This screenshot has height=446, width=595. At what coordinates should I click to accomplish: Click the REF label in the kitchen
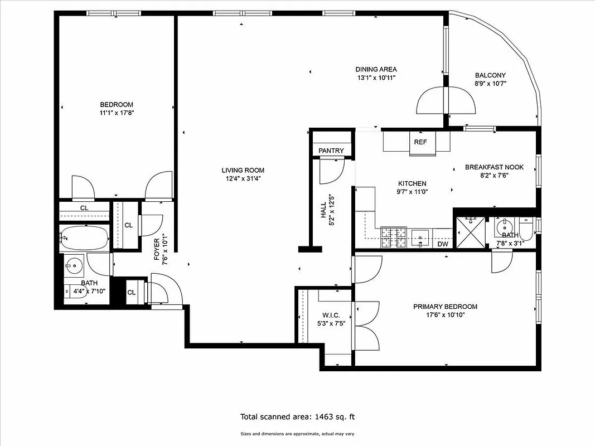420,142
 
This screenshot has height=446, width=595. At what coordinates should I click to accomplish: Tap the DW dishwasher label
443,244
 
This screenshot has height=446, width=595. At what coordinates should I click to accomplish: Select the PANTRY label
331,151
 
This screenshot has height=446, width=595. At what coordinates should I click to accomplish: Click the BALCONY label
490,75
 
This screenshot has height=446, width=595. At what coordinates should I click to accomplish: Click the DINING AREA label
376,69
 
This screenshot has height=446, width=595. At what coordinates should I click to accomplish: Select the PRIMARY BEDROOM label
445,307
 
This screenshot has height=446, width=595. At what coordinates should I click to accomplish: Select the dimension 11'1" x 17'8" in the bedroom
117,113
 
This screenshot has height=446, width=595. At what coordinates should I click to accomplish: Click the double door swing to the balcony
447,101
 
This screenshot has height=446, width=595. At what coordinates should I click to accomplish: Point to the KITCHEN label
412,183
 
